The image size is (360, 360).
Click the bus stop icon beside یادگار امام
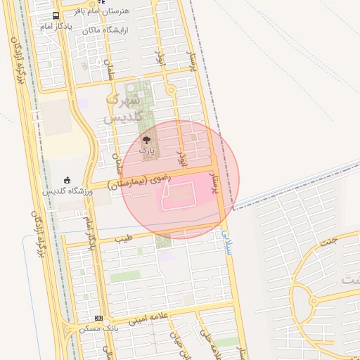tap(56, 16)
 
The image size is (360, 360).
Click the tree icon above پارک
tap(146, 140)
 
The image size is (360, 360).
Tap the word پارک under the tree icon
tap(146, 150)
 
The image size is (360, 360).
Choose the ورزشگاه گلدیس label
tap(67, 191)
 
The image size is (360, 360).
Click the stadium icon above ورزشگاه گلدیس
tap(67, 180)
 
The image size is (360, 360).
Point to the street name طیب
tap(125, 239)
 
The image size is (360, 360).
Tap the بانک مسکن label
tap(99, 328)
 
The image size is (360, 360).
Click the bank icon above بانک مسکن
tap(98, 318)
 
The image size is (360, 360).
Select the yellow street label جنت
tap(329, 240)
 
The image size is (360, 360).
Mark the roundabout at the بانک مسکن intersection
tap(69, 328)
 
